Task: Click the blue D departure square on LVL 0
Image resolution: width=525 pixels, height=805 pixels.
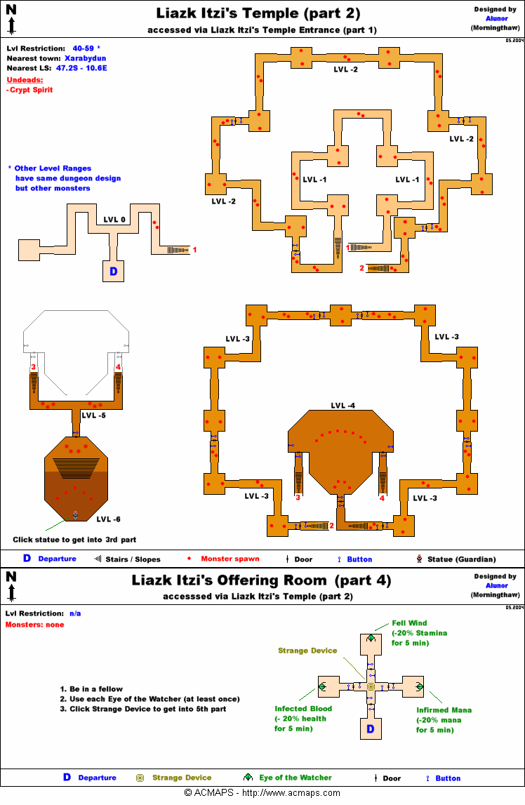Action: (x=113, y=271)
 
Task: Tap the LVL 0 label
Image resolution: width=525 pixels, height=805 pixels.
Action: (x=114, y=220)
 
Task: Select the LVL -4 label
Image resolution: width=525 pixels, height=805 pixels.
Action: (x=343, y=406)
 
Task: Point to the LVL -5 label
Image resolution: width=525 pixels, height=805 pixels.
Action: (x=93, y=415)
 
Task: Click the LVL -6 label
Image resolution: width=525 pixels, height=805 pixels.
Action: (x=108, y=519)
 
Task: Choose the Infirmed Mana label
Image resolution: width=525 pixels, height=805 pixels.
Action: (x=444, y=710)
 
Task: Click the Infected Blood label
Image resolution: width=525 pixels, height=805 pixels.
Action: (x=303, y=709)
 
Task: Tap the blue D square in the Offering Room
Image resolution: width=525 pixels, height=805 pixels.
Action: (x=371, y=730)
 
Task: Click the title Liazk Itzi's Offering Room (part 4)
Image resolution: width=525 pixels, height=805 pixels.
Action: (x=261, y=580)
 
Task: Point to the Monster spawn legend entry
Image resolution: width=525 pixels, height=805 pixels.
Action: (x=230, y=559)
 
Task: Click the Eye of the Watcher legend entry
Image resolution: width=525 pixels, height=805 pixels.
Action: (x=295, y=778)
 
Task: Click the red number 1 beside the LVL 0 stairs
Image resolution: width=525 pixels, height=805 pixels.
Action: (x=194, y=249)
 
